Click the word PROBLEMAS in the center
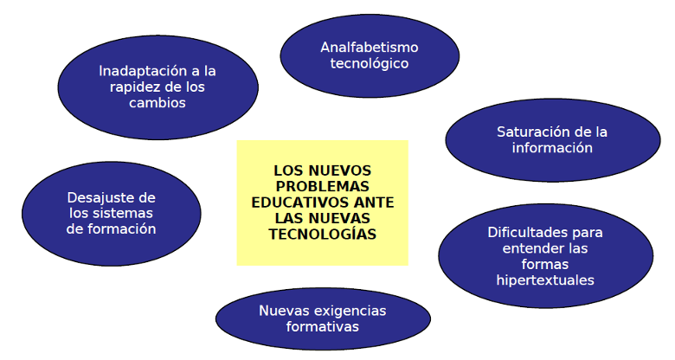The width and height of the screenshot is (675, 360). tap(322, 186)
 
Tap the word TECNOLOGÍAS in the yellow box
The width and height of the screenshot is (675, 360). tap(322, 234)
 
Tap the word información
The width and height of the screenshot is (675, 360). tap(552, 148)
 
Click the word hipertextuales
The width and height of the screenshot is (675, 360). tap(545, 280)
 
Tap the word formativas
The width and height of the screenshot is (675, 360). tap(323, 326)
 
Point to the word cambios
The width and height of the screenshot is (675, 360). tap(157, 102)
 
